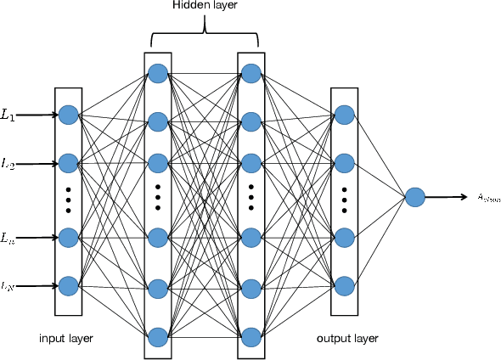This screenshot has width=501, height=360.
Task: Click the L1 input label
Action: tap(8, 115)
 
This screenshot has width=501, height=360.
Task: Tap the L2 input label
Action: tap(8, 163)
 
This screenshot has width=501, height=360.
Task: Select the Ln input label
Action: tap(8, 237)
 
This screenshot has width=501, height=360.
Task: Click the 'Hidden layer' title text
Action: tap(205, 7)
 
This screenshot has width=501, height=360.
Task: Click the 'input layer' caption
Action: tap(66, 338)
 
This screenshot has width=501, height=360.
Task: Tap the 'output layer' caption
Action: tap(347, 338)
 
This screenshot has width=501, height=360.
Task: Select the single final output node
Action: tap(414, 198)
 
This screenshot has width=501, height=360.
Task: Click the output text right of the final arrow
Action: tap(488, 199)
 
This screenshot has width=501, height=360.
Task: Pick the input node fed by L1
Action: tap(68, 115)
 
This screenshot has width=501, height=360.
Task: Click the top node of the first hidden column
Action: tap(158, 73)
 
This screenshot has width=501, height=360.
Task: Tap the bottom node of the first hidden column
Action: tap(158, 336)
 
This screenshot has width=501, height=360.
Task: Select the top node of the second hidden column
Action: tap(251, 73)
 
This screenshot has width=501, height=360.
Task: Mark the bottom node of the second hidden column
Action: tap(251, 336)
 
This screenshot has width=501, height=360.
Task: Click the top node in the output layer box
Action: tap(344, 115)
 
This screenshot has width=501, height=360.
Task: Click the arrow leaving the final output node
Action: tap(446, 198)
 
